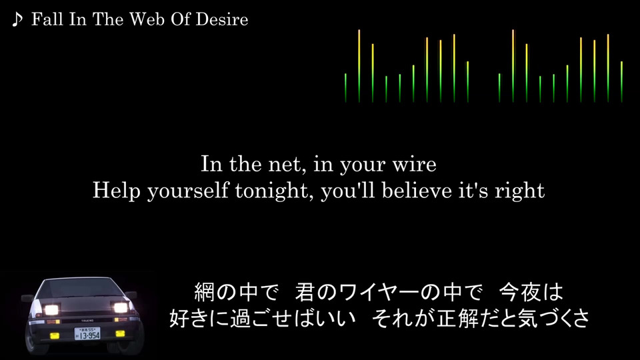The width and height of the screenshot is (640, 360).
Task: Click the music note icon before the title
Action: point(17,19)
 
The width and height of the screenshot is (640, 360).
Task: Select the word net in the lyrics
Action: point(286,165)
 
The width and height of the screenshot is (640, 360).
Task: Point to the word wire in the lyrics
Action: point(414,165)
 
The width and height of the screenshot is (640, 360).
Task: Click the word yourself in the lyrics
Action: point(188,191)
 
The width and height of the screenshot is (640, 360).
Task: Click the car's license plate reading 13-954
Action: point(87,333)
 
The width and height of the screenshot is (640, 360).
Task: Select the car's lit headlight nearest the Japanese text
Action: point(121,307)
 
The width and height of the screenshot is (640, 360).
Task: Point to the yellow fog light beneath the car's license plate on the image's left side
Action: point(55,336)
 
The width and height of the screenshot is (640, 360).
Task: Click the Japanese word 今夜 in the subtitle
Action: point(519,292)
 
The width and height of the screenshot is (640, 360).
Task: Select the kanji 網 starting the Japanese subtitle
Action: point(204,292)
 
